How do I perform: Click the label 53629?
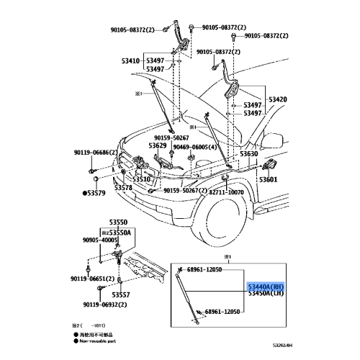point(158,146)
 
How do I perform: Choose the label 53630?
point(248,154)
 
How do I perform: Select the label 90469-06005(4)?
point(193,147)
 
